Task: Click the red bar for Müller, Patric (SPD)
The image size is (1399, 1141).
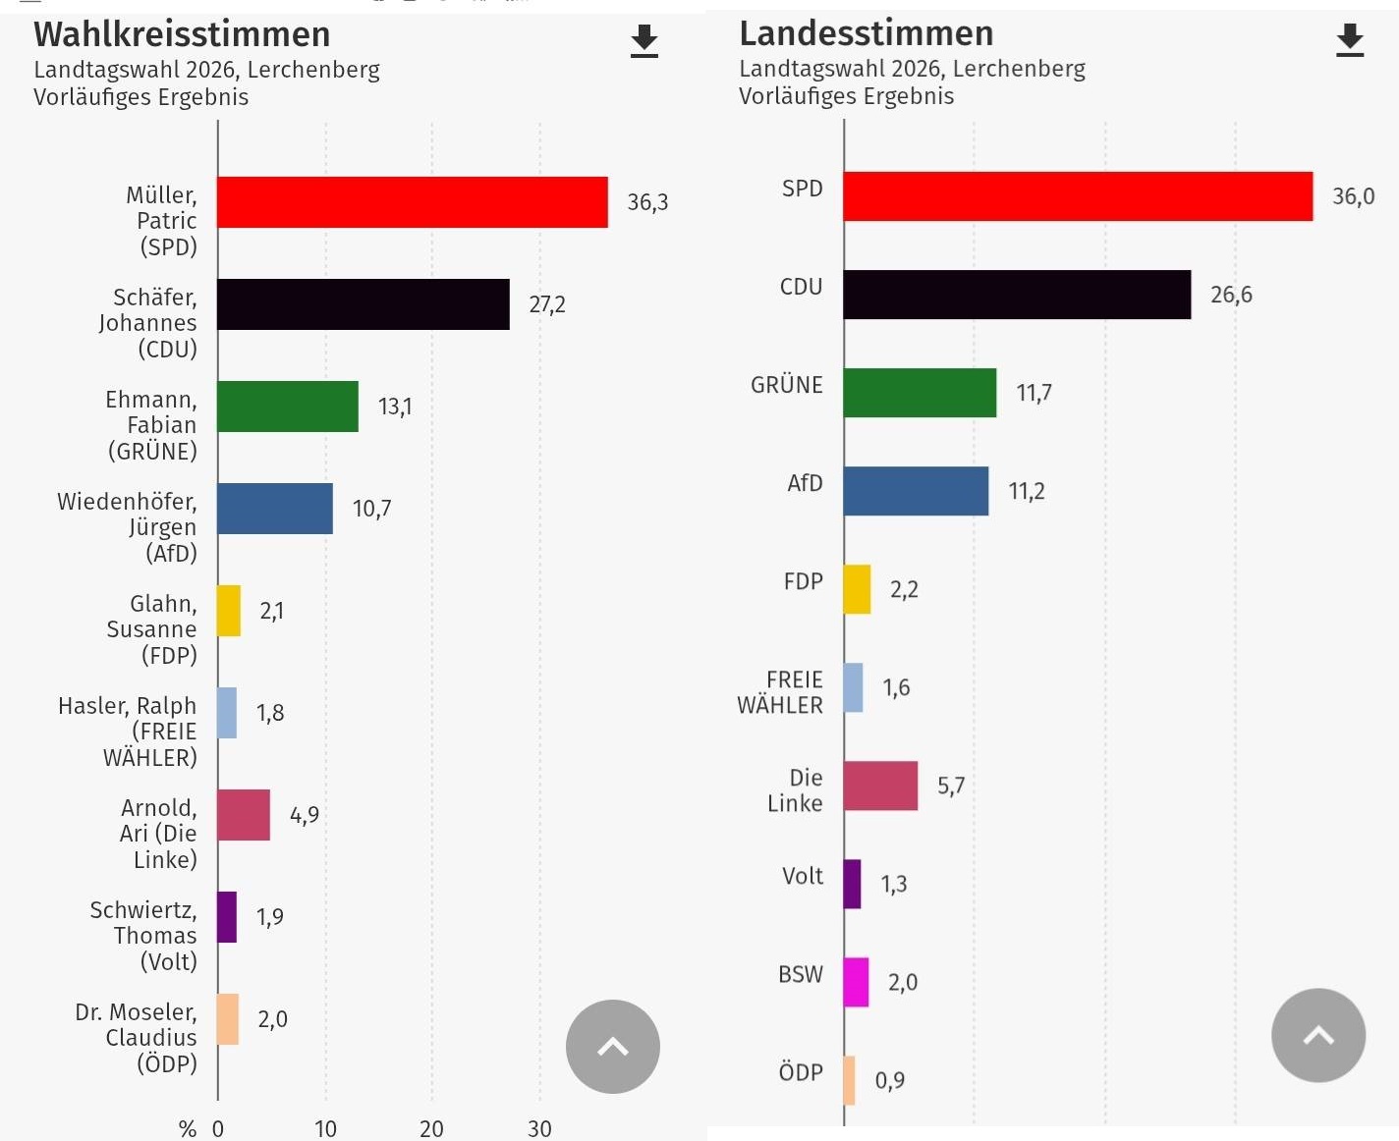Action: click(412, 202)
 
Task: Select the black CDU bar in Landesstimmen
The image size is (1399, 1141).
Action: click(1016, 295)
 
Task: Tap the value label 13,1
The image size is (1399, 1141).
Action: click(395, 407)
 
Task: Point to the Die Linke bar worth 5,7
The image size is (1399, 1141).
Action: click(880, 786)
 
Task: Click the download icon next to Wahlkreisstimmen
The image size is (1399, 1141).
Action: click(644, 41)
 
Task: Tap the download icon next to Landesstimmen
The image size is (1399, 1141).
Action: click(1350, 40)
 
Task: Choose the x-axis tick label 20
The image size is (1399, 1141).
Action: click(431, 1129)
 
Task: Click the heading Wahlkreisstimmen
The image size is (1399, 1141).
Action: click(182, 34)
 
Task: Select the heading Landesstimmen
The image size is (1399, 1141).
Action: click(866, 33)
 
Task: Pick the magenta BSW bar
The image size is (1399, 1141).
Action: click(856, 982)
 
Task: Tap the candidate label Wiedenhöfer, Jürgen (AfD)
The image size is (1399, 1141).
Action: click(128, 527)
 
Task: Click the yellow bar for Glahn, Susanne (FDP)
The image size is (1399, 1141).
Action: click(229, 611)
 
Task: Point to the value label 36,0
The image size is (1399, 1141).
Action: click(1353, 196)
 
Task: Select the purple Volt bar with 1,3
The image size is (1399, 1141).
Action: click(852, 884)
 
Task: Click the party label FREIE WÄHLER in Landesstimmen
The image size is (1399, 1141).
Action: click(781, 692)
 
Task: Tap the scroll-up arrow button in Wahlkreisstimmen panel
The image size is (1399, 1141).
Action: click(612, 1047)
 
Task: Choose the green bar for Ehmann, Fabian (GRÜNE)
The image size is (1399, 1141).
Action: click(287, 407)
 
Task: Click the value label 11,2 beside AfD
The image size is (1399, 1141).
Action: click(1027, 491)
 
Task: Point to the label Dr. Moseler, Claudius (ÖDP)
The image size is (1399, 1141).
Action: click(137, 1038)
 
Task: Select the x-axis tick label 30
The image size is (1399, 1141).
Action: click(539, 1129)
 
